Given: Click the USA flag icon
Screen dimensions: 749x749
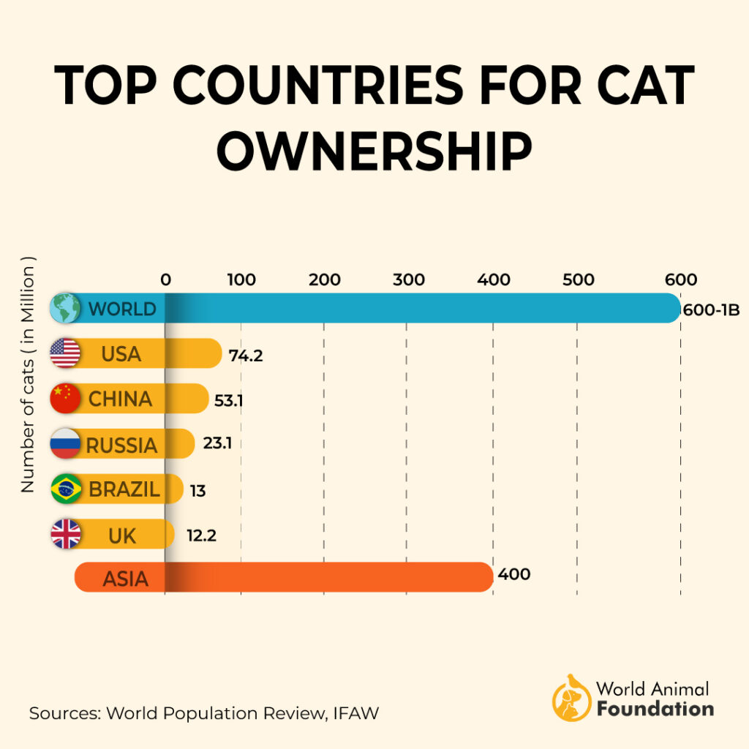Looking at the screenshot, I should pos(65,354).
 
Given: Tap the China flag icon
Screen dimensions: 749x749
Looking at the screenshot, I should pos(65,399).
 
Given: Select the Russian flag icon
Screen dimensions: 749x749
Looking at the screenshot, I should pos(65,444).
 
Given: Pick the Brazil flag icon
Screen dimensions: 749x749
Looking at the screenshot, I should pos(66,489).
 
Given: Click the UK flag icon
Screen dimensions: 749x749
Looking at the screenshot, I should pos(66,535).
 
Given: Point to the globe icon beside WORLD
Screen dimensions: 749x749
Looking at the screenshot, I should pos(65,309).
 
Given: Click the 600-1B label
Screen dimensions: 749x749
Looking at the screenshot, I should pos(711,310).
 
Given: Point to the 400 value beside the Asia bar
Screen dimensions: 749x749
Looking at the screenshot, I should pos(513,575).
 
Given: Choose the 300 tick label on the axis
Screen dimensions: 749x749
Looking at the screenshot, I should pos(409,279).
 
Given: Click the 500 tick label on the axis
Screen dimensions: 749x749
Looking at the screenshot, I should pos(579,279).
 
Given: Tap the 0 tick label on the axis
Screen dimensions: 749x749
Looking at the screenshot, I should pos(165,279).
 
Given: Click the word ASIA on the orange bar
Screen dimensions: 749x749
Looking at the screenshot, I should pos(125,579).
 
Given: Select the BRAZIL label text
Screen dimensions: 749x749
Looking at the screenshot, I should pos(124,489).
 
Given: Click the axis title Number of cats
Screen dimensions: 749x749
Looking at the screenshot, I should pos(29,374).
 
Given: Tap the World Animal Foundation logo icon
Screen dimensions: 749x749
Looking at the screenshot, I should pos(571,698).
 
